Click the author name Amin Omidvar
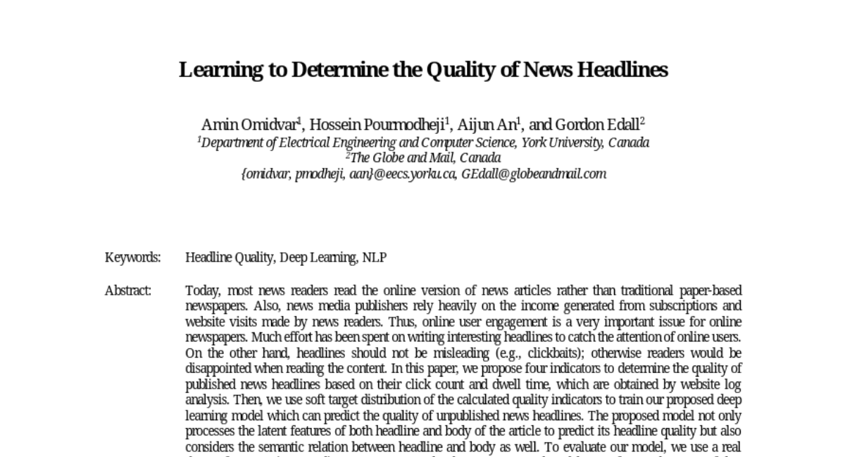click(x=249, y=125)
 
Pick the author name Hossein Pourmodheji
click(x=377, y=125)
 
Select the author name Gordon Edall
click(x=597, y=125)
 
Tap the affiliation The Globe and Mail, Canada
click(x=425, y=158)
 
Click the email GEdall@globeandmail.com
click(x=534, y=173)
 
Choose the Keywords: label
click(x=133, y=257)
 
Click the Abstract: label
click(x=128, y=291)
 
